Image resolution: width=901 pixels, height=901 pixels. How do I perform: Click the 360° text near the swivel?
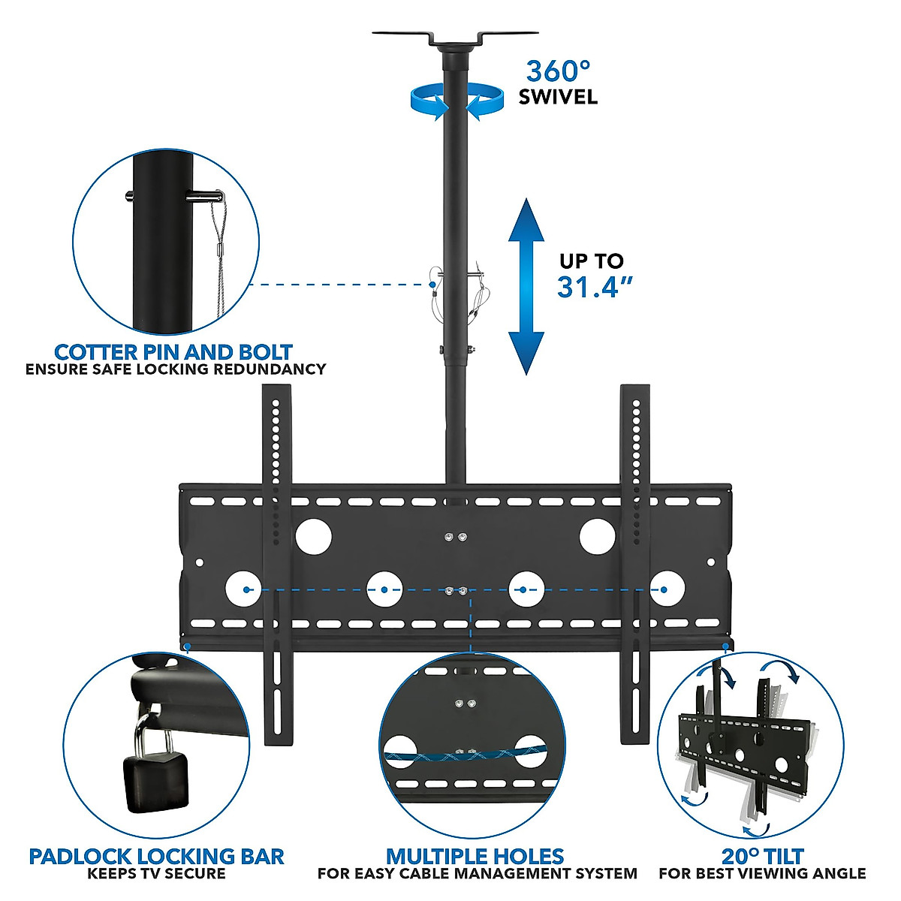pyautogui.click(x=557, y=72)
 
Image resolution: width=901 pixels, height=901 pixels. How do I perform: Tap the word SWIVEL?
pyautogui.click(x=558, y=98)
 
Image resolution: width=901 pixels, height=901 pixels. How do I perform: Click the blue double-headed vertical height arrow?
pyautogui.click(x=526, y=286)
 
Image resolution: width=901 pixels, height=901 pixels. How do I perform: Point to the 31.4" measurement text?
pyautogui.click(x=592, y=288)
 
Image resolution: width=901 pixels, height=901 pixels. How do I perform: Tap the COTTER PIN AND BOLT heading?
pyautogui.click(x=173, y=351)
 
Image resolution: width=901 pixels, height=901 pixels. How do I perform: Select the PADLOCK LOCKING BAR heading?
pyautogui.click(x=156, y=856)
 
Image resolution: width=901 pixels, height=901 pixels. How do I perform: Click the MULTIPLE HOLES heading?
pyautogui.click(x=475, y=856)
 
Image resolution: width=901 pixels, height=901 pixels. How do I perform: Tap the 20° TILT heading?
pyautogui.click(x=762, y=856)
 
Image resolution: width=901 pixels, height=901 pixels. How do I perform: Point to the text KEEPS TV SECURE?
pyautogui.click(x=156, y=874)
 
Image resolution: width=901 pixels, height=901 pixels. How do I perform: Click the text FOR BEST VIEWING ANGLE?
pyautogui.click(x=762, y=874)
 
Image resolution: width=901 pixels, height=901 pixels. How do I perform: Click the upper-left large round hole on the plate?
pyautogui.click(x=313, y=536)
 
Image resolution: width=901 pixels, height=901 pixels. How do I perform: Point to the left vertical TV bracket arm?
pyautogui.click(x=276, y=563)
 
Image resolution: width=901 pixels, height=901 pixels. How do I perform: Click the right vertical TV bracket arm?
pyautogui.click(x=634, y=563)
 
